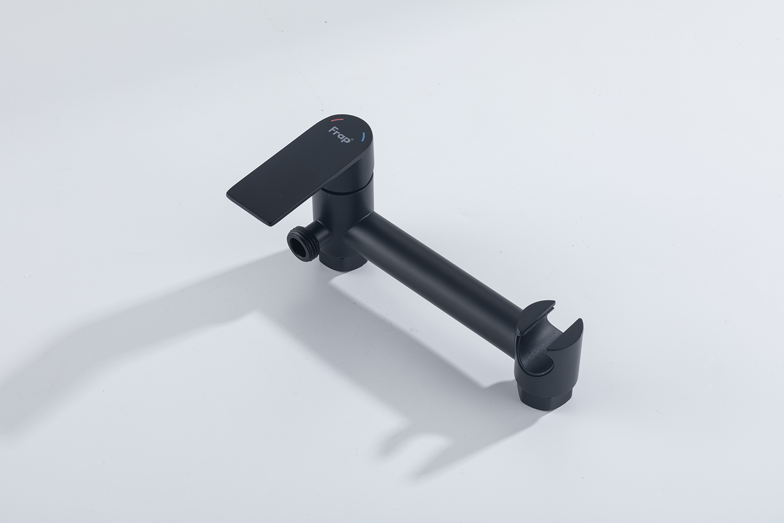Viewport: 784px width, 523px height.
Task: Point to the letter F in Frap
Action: [331, 130]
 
